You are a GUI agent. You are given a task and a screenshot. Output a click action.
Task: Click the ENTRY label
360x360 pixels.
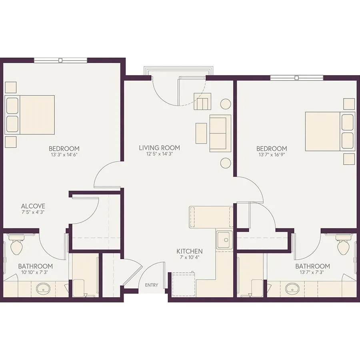click(x=152, y=285)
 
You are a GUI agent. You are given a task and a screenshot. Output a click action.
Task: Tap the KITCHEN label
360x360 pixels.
click(x=190, y=251)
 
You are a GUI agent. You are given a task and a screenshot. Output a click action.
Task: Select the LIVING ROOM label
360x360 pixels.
click(x=159, y=148)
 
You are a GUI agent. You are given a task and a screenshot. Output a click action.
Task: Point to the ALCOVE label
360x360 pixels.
click(x=33, y=206)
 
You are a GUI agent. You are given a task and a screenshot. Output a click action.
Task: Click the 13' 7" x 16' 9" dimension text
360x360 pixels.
click(x=272, y=155)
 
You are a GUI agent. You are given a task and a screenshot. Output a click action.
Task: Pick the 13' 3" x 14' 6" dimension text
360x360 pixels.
click(x=64, y=154)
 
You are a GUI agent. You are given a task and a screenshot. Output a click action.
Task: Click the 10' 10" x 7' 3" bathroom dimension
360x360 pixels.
click(x=35, y=272)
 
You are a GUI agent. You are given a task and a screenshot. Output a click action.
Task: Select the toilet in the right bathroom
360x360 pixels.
click(x=344, y=245)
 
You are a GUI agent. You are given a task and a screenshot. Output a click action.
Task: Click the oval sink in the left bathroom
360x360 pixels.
click(x=43, y=288)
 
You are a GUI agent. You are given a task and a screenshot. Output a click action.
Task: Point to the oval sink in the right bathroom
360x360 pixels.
click(x=292, y=288)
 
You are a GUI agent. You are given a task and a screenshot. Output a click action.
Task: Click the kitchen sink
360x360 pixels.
click(x=224, y=240)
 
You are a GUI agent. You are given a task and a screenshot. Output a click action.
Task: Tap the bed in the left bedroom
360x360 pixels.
click(x=30, y=115)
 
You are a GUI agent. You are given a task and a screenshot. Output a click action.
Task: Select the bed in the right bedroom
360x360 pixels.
click(x=330, y=132)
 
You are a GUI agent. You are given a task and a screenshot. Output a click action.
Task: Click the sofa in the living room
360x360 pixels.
click(x=220, y=133)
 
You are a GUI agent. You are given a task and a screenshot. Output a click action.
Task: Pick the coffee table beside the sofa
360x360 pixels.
click(x=201, y=133)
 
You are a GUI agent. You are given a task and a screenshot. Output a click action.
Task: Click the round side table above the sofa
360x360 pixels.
click(x=226, y=104)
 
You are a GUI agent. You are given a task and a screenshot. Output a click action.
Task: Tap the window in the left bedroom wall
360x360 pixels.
click(x=61, y=60)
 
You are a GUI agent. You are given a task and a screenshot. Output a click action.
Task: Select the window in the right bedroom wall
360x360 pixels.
click(x=297, y=78)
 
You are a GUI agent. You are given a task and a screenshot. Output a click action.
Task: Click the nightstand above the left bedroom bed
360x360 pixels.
click(x=10, y=87)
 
